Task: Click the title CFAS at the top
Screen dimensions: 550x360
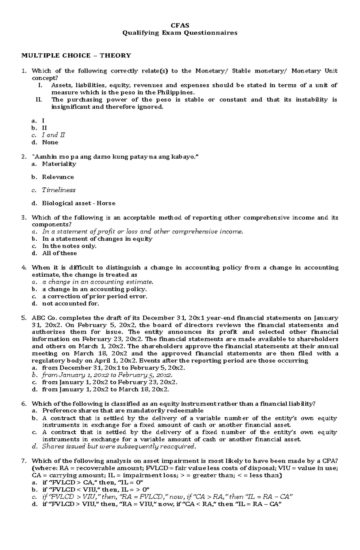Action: pos(180,25)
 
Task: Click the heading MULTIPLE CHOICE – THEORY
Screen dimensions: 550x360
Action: pos(76,55)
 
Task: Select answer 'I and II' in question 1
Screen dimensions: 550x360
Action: pos(53,135)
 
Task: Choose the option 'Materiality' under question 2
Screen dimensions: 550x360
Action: pos(59,164)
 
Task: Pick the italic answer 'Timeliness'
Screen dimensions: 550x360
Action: pos(58,190)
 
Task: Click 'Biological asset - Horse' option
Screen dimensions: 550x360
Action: pos(79,203)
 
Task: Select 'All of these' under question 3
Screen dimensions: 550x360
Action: pos(59,253)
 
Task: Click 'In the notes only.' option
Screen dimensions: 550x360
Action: pos(69,246)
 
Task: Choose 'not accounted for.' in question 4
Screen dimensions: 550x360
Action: pos(70,304)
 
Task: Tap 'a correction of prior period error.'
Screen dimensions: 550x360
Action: pos(95,296)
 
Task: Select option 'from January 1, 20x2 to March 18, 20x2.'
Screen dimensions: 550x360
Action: pos(106,390)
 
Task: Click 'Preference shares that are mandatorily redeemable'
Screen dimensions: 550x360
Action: pos(123,411)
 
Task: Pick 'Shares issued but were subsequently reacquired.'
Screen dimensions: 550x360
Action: pos(119,447)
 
